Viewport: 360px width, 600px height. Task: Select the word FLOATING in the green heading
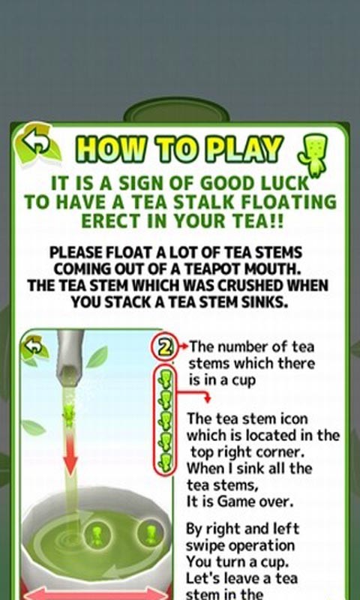point(290,202)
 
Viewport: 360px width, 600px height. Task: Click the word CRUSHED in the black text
point(243,286)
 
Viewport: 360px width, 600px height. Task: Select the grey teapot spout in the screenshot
point(70,358)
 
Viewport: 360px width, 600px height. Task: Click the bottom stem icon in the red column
point(165,462)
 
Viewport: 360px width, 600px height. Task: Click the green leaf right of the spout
point(97,357)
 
